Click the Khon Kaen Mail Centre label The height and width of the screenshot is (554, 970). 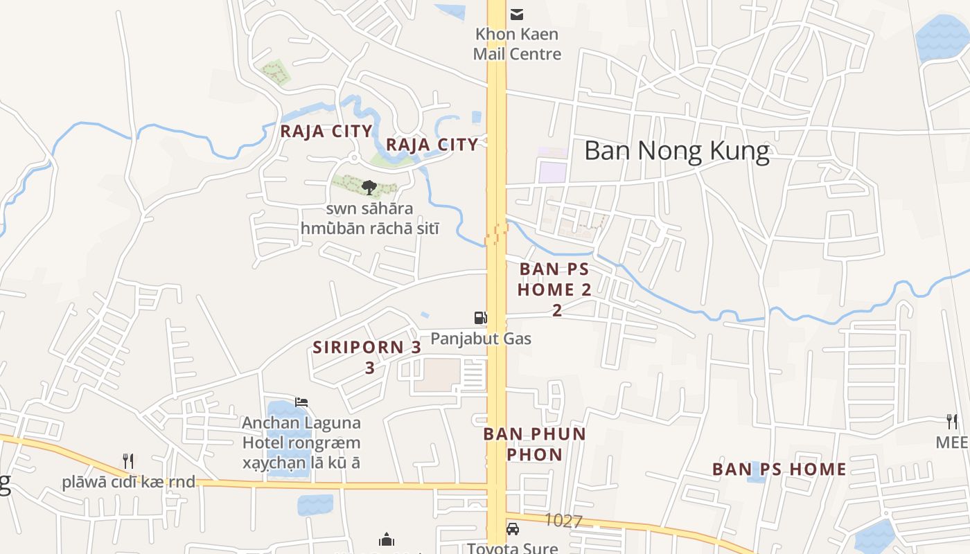click(517, 44)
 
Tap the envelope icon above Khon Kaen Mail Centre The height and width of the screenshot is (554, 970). click(517, 14)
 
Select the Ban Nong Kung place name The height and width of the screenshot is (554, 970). click(676, 151)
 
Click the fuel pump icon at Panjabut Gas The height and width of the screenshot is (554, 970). click(480, 318)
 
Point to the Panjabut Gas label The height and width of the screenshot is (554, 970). click(481, 338)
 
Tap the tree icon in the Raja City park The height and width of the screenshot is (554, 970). click(369, 187)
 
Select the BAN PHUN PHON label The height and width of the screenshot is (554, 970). click(534, 444)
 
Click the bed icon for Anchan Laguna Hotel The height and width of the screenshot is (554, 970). click(301, 402)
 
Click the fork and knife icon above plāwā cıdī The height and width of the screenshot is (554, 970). click(127, 461)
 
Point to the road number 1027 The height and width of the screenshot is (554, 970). click(563, 521)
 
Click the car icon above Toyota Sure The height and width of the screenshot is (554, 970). click(513, 530)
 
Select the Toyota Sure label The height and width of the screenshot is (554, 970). click(512, 548)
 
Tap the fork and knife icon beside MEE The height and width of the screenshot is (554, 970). click(952, 421)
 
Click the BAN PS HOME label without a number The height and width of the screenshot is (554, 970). click(779, 469)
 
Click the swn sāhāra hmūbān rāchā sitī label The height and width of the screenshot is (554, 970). click(370, 218)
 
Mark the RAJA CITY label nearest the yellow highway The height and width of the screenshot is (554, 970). click(432, 144)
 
